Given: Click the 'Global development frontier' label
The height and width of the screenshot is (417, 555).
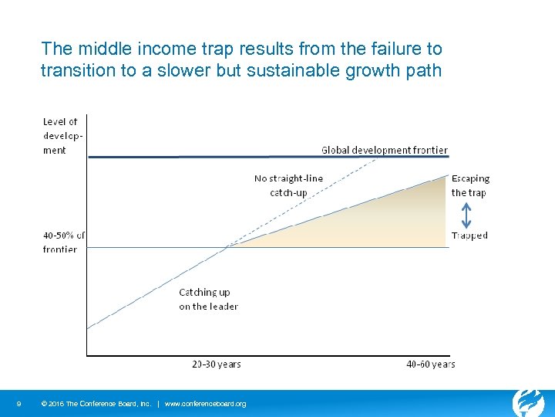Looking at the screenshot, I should tap(384, 150).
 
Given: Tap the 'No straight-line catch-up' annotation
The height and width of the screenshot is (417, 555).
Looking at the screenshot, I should tap(289, 185).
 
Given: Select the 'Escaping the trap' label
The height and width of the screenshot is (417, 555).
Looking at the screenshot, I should tap(469, 185).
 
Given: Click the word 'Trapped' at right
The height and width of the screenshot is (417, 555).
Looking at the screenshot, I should tap(469, 236).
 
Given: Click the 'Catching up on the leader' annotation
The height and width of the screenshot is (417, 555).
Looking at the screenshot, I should tap(208, 300).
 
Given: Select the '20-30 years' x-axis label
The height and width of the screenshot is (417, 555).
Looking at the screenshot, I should tap(216, 364).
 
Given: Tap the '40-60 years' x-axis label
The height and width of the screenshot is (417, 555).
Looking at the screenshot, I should tap(430, 364).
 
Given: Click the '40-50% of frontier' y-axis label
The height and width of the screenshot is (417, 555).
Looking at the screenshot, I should tap(63, 242).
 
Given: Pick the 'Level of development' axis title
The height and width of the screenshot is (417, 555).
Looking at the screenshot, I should tap(61, 136).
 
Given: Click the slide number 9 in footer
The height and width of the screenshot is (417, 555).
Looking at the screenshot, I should tap(18, 404).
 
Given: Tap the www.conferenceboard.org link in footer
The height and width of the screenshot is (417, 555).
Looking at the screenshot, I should tap(206, 404).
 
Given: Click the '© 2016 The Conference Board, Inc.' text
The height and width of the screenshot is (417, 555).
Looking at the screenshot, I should tap(96, 404).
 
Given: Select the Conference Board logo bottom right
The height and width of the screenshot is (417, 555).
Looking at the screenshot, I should tap(529, 402).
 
